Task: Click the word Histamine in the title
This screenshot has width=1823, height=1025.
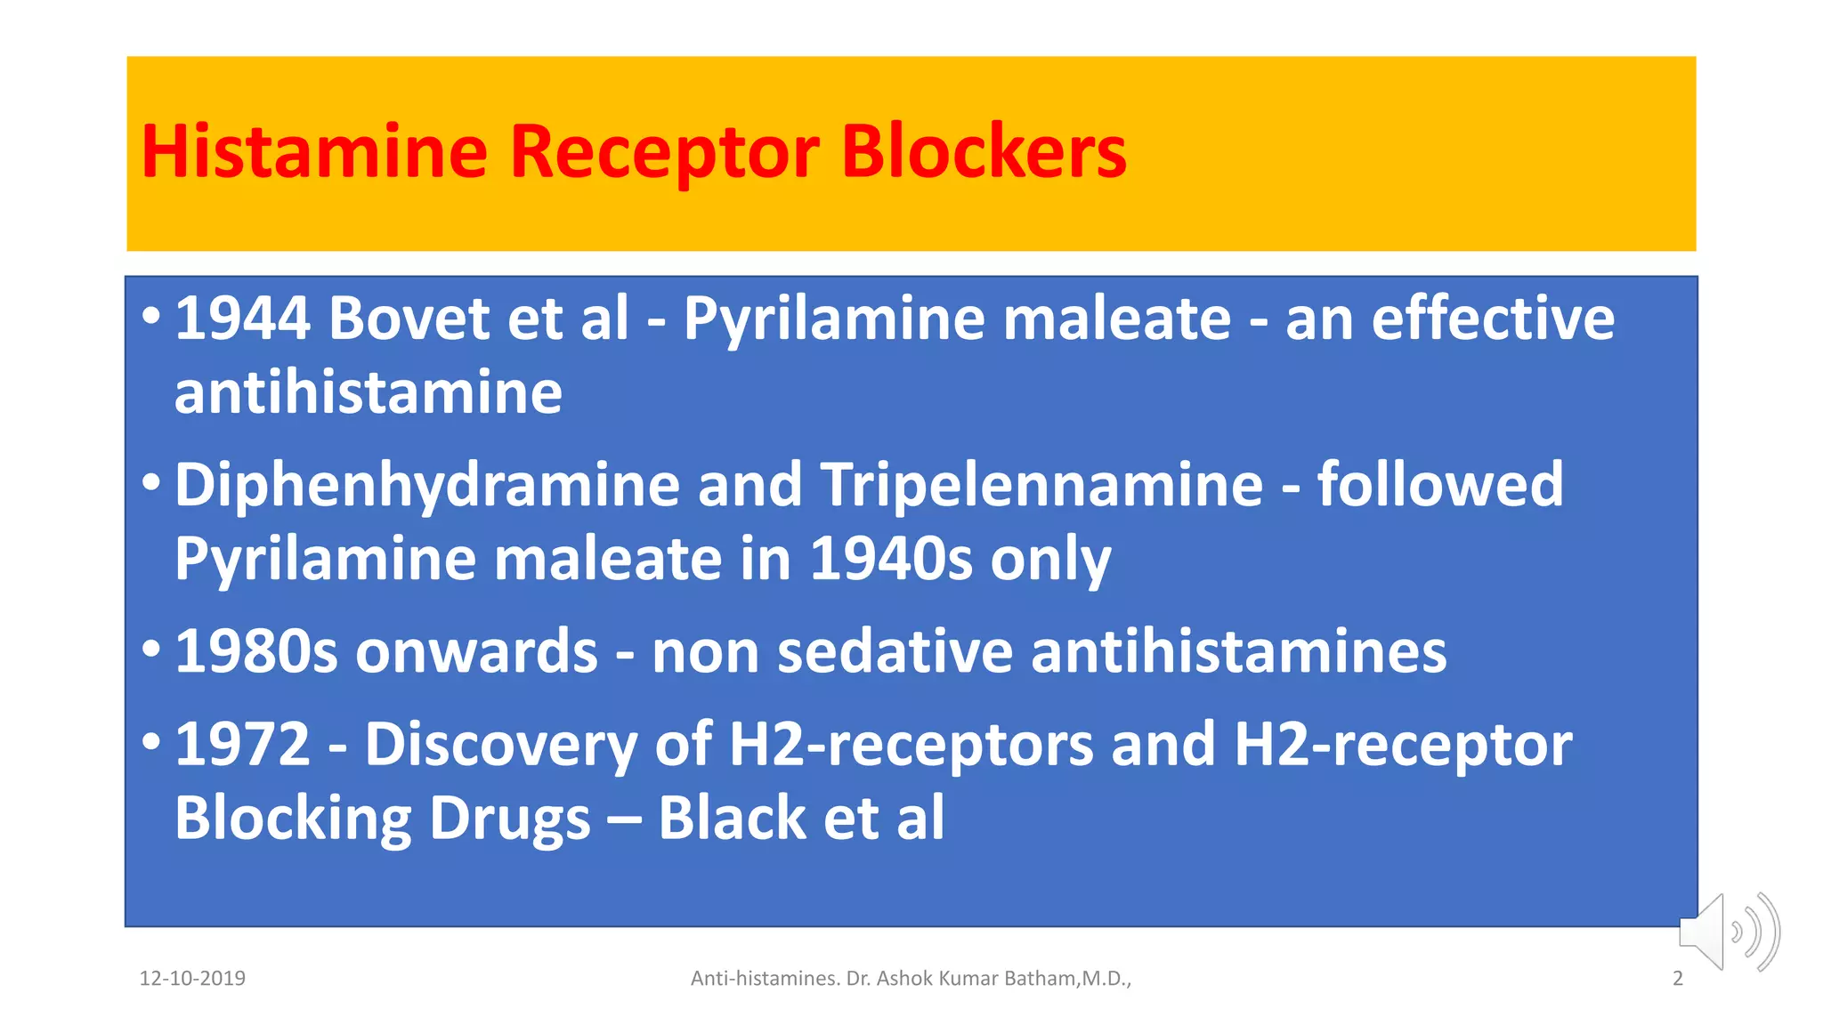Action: point(314,151)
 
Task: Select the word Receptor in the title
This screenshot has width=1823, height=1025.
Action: point(664,151)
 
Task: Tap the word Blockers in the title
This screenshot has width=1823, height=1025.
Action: point(984,151)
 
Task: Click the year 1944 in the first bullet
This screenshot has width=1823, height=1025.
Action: point(242,319)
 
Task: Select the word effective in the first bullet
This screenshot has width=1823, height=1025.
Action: point(1493,319)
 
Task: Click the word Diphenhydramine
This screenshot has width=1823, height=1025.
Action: point(426,486)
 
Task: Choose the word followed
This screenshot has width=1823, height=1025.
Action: point(1439,486)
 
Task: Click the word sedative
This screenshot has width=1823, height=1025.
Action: point(895,652)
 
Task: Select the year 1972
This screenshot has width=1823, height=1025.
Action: point(242,745)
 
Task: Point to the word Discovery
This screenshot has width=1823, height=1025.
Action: point(500,745)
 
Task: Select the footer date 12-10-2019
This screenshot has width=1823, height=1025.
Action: point(192,979)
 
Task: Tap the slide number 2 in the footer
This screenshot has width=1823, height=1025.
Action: point(1678,979)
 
